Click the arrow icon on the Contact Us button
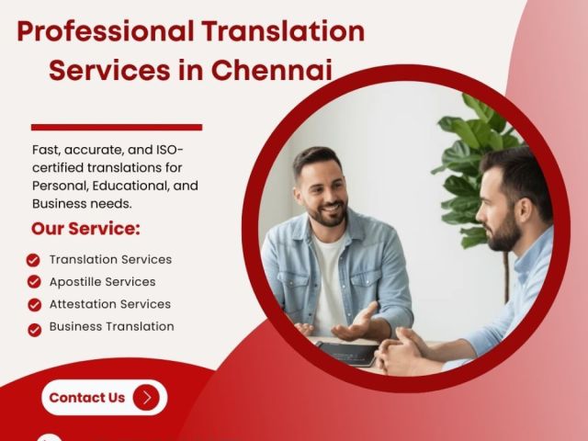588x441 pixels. [x=146, y=398]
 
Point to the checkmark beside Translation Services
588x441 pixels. [x=34, y=260]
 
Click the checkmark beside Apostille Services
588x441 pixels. [x=34, y=282]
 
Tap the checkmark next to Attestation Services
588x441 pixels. [x=34, y=304]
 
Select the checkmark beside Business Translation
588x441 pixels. [x=34, y=328]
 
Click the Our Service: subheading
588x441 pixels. [x=85, y=228]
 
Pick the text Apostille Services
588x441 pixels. [x=102, y=282]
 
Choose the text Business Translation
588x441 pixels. [x=111, y=326]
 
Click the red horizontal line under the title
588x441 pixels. [x=116, y=127]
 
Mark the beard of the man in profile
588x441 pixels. [x=502, y=234]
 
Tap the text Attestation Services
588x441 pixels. [x=109, y=304]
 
